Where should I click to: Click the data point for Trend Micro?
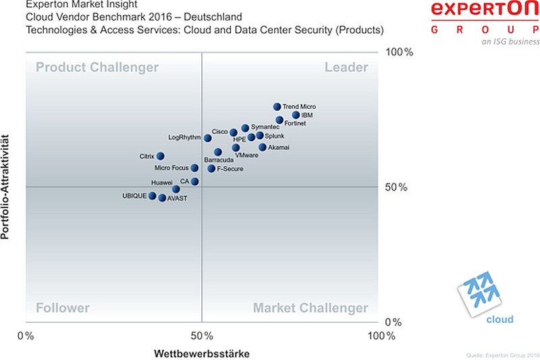click(x=277, y=107)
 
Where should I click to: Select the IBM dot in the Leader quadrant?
click(x=296, y=115)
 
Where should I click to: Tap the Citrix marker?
click(x=160, y=156)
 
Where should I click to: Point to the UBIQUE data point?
click(x=153, y=196)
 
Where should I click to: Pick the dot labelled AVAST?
click(x=162, y=198)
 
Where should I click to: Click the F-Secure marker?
click(x=211, y=168)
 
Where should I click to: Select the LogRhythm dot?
click(x=208, y=138)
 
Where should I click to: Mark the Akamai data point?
click(x=263, y=147)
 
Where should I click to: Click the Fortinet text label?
click(x=295, y=124)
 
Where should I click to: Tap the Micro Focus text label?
click(x=171, y=168)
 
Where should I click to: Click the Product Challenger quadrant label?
click(x=97, y=67)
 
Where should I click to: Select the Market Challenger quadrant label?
click(x=310, y=307)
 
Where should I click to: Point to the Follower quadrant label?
click(x=63, y=307)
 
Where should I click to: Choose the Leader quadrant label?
click(x=346, y=67)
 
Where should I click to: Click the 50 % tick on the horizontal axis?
click(x=202, y=336)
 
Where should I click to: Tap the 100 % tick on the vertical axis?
click(x=399, y=52)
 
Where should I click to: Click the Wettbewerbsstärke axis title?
click(x=202, y=353)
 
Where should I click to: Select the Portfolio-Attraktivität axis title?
click(x=5, y=187)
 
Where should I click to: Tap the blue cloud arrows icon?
click(x=479, y=293)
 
